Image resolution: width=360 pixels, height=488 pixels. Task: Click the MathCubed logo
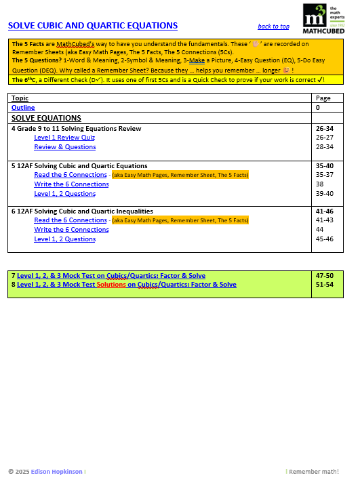323,18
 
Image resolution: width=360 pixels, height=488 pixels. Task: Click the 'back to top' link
273,26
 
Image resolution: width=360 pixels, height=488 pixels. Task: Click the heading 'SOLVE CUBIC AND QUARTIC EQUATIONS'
93,26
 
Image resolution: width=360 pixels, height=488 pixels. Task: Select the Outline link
23,108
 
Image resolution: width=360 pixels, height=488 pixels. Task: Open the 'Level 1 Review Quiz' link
64,138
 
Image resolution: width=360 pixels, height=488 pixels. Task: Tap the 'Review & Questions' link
65,147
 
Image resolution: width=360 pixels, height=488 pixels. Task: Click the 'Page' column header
323,98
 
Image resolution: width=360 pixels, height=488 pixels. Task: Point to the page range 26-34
325,128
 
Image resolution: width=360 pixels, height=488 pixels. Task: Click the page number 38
320,184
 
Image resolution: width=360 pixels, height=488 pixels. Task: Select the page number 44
320,230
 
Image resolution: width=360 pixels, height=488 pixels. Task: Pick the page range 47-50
325,276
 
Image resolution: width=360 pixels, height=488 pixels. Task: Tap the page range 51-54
325,285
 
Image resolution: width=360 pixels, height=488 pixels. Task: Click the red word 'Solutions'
111,285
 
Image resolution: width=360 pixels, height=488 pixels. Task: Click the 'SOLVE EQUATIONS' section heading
46,118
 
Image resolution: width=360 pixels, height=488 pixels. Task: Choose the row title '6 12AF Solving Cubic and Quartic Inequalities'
82,211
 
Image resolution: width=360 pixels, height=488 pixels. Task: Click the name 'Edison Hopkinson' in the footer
59,472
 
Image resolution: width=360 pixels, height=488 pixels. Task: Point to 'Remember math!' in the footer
314,472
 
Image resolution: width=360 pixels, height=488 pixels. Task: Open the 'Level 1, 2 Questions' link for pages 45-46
65,239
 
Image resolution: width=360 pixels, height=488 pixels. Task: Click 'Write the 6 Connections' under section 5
71,184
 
